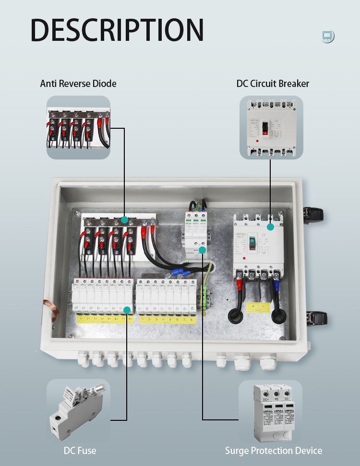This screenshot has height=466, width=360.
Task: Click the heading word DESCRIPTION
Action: pyautogui.click(x=117, y=30)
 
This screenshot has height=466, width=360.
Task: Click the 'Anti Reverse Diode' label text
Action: pyautogui.click(x=78, y=84)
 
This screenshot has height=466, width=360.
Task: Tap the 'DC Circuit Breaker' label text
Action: pyautogui.click(x=273, y=84)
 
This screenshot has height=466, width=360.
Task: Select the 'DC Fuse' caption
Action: pyautogui.click(x=80, y=451)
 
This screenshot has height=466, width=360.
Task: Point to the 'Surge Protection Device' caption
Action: pyautogui.click(x=274, y=451)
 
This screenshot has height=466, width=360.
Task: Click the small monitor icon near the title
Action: pyautogui.click(x=328, y=36)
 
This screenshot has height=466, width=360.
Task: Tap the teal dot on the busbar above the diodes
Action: pyautogui.click(x=125, y=220)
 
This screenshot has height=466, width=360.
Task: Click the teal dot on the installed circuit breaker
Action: pyautogui.click(x=270, y=226)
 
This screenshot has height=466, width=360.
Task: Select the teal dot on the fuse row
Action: pyautogui.click(x=127, y=310)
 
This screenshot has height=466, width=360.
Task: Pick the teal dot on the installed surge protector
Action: pyautogui.click(x=203, y=250)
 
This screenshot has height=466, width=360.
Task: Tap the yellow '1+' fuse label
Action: pyautogui.click(x=81, y=319)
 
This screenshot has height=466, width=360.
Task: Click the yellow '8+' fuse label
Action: pyautogui.click(x=131, y=319)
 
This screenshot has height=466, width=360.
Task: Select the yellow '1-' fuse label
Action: pyautogui.click(x=142, y=319)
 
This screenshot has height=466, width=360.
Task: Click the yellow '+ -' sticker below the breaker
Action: pyautogui.click(x=258, y=307)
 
